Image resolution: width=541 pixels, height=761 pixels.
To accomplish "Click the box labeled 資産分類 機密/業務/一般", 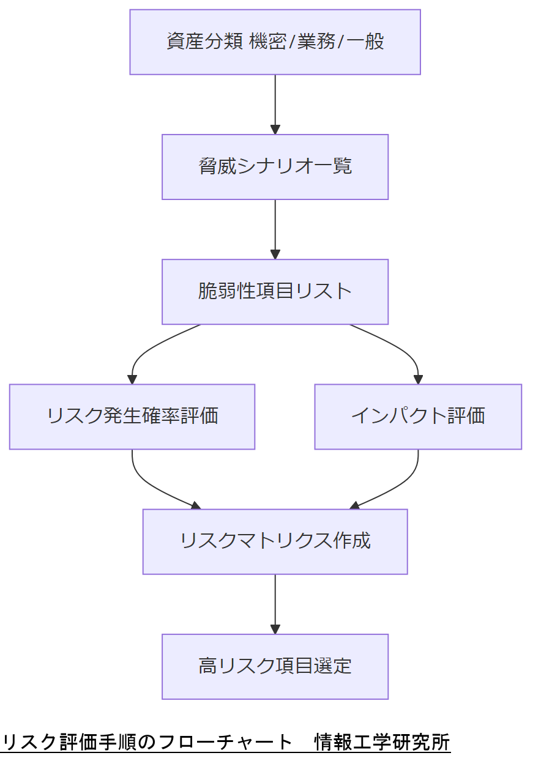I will pos(275,42).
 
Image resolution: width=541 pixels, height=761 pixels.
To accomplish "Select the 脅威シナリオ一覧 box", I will pos(275,167).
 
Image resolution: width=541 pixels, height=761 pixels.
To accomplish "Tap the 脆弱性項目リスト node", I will pos(275,292).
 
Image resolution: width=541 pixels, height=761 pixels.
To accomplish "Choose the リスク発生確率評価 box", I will pos(132,417).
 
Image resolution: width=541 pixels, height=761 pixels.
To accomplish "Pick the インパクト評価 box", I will pos(418,417).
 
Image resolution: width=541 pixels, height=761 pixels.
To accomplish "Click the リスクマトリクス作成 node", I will pos(275,541).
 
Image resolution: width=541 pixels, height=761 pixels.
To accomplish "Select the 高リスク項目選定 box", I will pos(275,666).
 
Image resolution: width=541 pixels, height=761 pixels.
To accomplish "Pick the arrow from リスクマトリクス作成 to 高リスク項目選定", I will pos(275,603).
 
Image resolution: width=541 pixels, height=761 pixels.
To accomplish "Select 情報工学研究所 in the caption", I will pos(382,742).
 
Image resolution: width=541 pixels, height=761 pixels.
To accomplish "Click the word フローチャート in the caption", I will pos(226,742).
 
